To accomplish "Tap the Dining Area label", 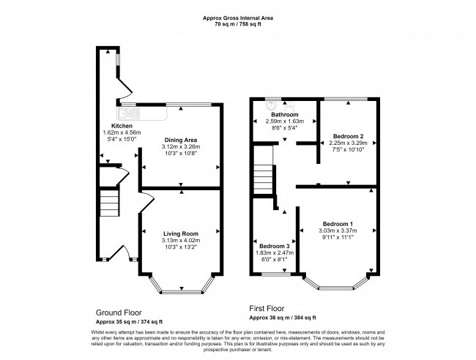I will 180,139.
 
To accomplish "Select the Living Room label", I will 180,233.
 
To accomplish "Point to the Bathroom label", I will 285,115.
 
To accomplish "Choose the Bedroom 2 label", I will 348,136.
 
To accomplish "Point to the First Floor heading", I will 267,309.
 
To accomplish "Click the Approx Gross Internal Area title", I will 237,18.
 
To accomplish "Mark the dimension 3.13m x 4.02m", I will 180,240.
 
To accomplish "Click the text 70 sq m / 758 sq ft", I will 237,24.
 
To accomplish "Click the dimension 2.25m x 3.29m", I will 348,143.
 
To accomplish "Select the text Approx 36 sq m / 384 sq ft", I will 282,318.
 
